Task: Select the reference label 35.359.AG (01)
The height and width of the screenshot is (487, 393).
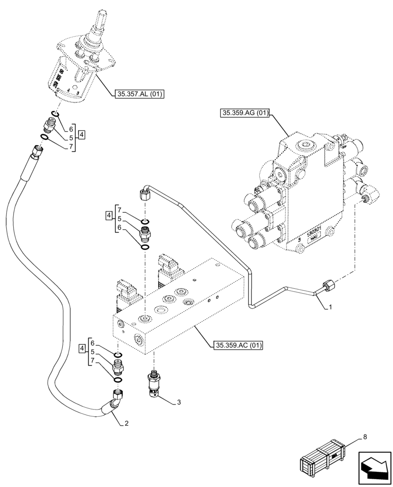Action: [245, 114]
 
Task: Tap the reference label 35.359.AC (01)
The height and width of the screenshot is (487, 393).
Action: [237, 345]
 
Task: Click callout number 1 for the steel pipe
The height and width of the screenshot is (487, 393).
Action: [331, 308]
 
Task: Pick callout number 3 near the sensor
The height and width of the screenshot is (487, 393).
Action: [179, 402]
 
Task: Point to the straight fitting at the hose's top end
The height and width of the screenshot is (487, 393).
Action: [37, 152]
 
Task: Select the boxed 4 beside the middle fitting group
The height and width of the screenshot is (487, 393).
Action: [109, 215]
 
